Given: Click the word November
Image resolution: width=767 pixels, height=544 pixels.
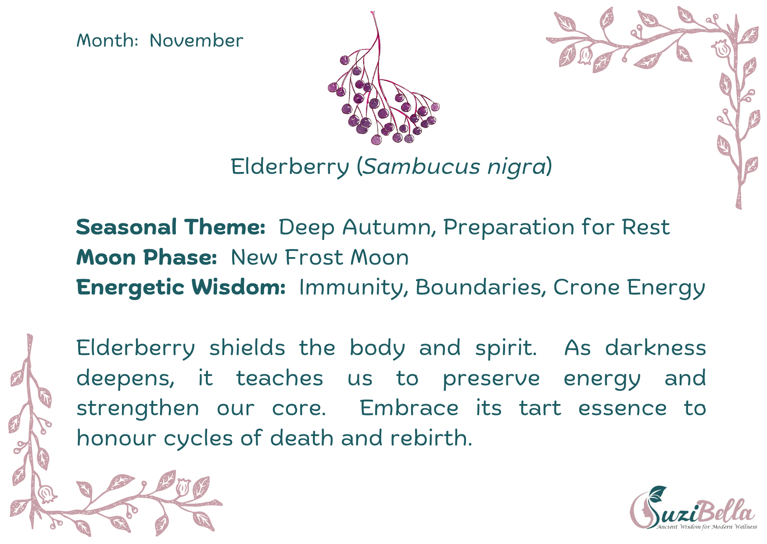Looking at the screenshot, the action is coord(196,40).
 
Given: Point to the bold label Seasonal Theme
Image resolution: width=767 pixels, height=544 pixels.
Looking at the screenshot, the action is coord(171,227).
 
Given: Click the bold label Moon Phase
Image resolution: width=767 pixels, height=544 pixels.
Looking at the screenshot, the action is coord(147,257).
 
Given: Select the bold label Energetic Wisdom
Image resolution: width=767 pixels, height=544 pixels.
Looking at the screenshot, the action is coord(181,288).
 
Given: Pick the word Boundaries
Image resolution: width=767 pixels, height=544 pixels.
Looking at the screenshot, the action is coord(480,287).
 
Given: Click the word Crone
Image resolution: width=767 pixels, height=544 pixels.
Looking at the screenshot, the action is coord(587,287).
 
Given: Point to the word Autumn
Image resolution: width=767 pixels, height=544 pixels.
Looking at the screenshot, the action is coord(389,227).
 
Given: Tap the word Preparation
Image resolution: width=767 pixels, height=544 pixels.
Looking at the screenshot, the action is coord(509,228).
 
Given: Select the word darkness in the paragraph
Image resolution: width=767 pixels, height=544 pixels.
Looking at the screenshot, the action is coord(656,347).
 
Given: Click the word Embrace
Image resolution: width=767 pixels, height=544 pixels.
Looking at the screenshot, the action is coord(409,408).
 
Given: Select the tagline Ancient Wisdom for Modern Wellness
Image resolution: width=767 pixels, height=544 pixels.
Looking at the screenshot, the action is coord(706,526).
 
